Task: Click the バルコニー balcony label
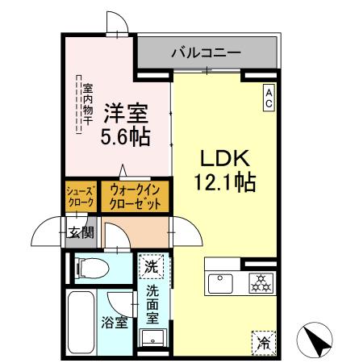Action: click(x=206, y=52)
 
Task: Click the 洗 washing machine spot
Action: click(x=150, y=265)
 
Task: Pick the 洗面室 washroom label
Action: click(x=152, y=300)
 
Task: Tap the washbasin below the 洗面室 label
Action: click(x=152, y=337)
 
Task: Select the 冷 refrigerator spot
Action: click(x=263, y=340)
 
